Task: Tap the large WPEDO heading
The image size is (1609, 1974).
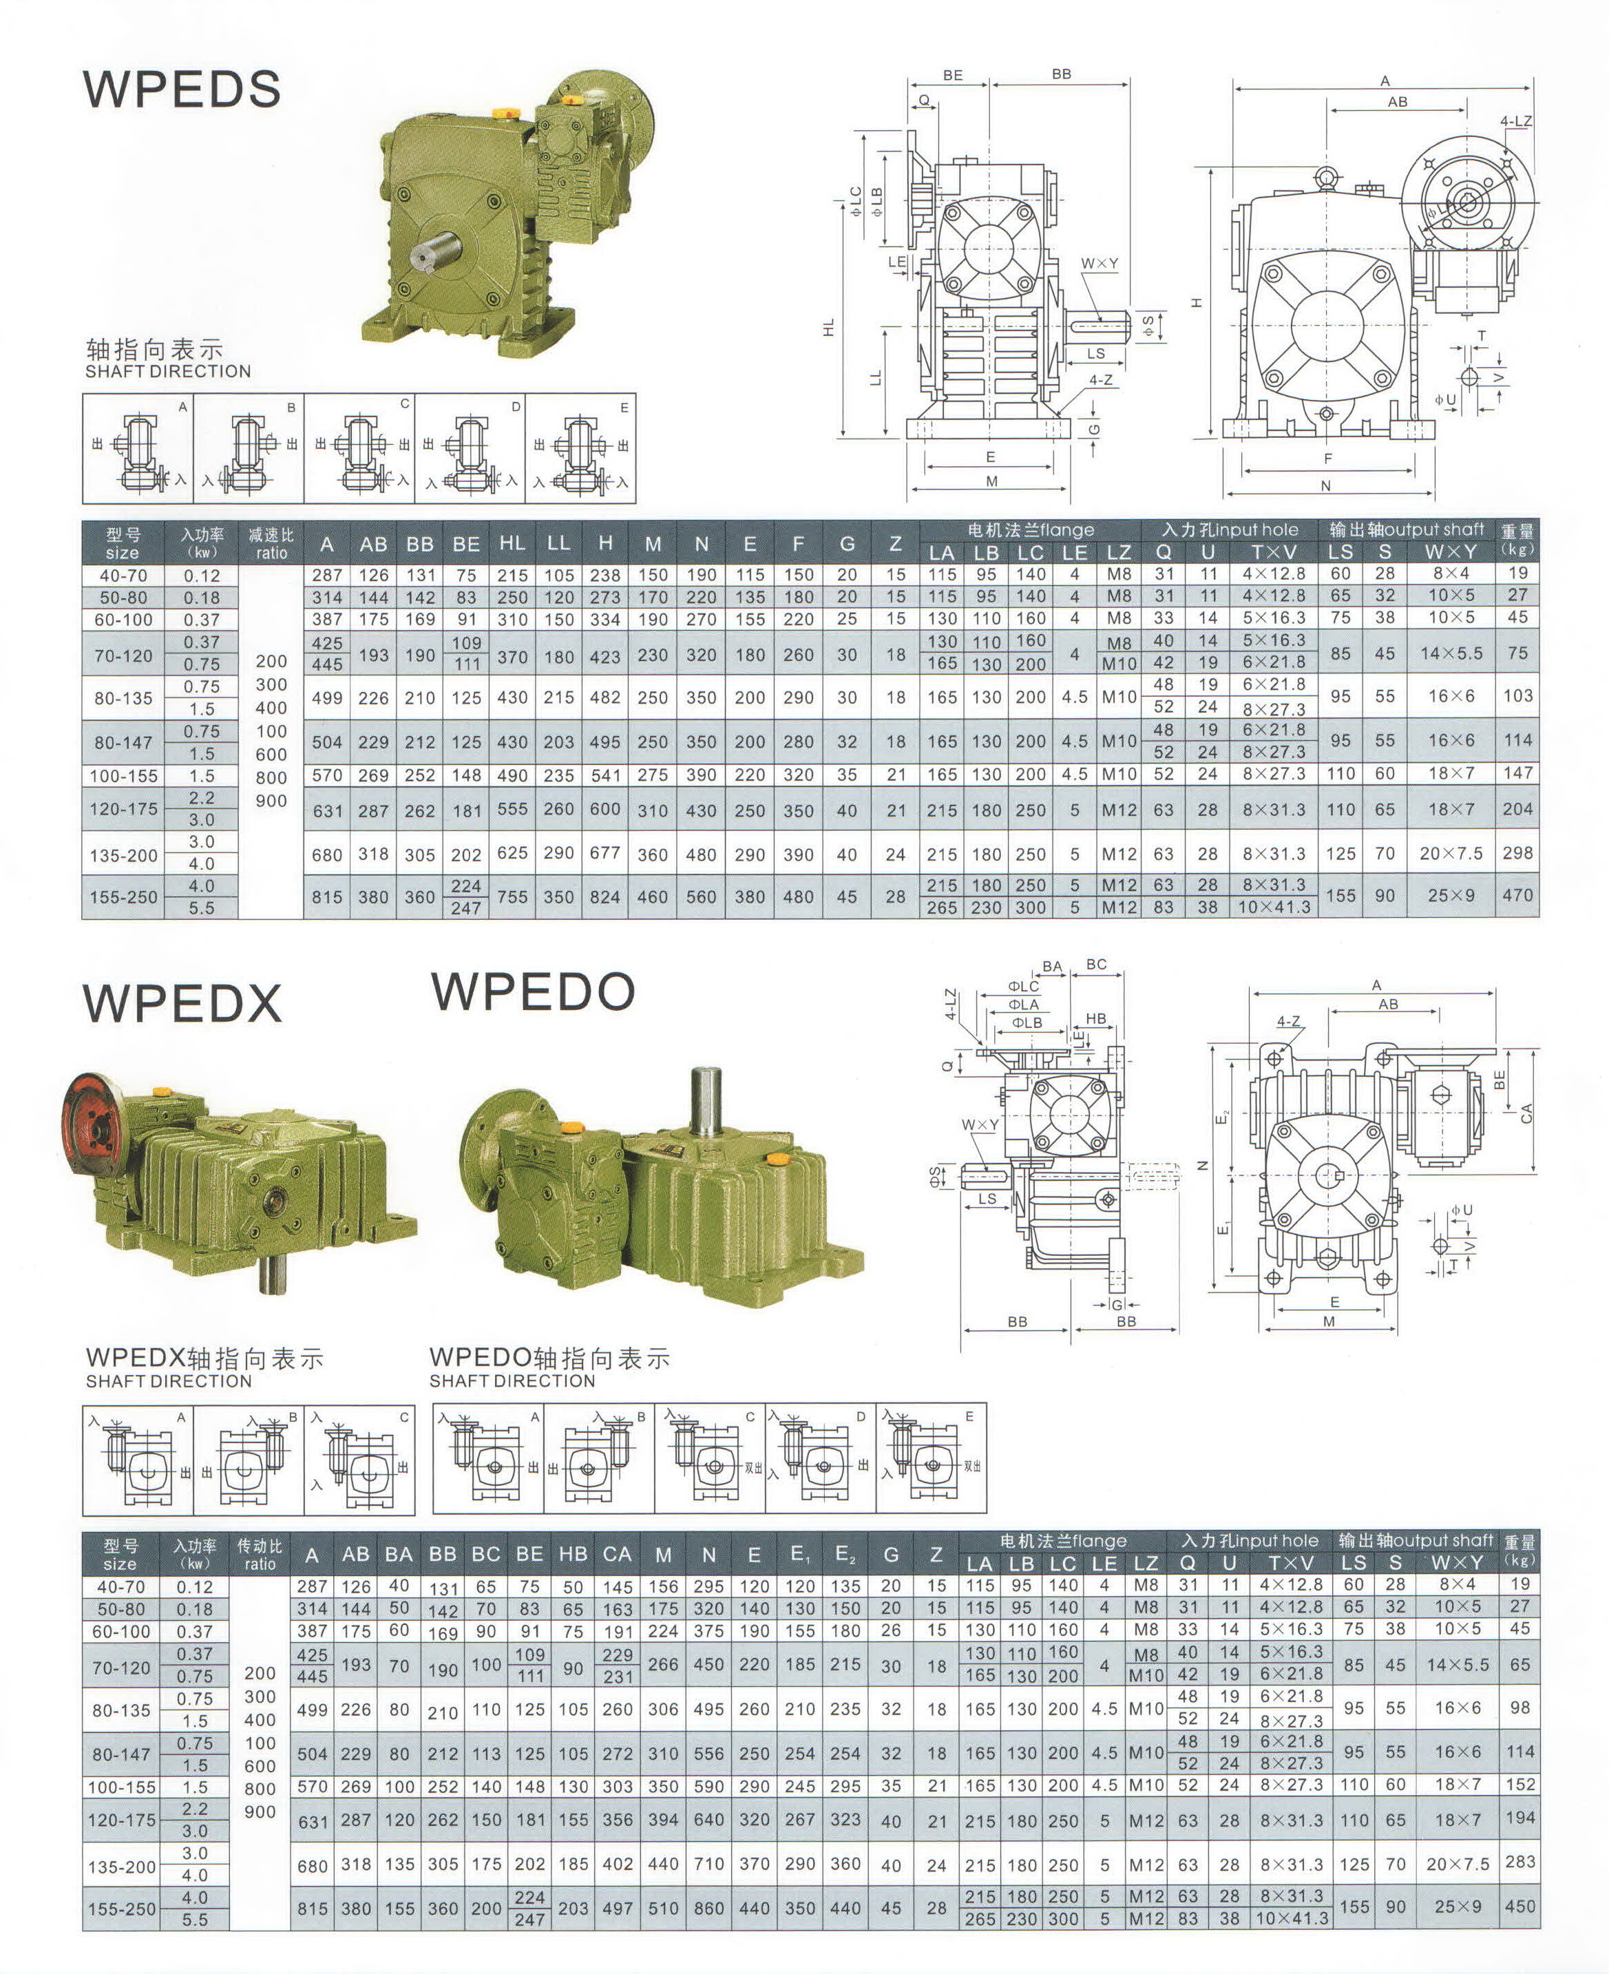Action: pos(533,991)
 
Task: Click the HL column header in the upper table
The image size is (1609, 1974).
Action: pos(512,544)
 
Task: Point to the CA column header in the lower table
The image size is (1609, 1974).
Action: pos(616,1554)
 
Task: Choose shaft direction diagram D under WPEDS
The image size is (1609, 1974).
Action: pos(470,448)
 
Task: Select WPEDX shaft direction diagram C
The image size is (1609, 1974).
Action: pos(359,1460)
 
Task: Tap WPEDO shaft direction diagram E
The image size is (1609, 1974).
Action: pos(932,1458)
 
